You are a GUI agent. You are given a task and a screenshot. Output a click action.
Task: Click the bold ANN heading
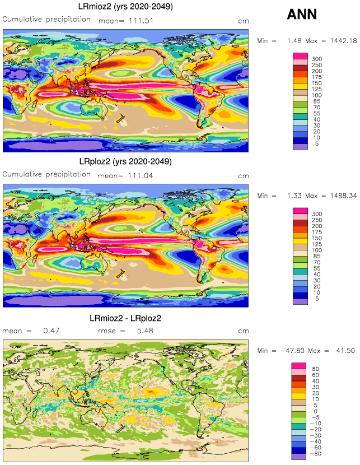tap(302, 15)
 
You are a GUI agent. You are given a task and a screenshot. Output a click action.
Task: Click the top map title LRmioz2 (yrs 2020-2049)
tap(125, 7)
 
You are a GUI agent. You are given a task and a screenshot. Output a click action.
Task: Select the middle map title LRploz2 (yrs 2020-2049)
tap(125, 161)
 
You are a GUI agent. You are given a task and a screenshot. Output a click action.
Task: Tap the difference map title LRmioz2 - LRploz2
tap(125, 318)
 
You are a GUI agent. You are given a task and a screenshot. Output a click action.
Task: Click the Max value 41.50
tap(342, 351)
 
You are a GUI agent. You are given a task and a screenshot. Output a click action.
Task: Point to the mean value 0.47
tap(50, 331)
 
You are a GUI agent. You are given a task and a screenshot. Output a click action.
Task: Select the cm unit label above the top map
tap(242, 20)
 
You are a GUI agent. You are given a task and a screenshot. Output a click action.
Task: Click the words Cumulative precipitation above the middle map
tap(46, 174)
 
